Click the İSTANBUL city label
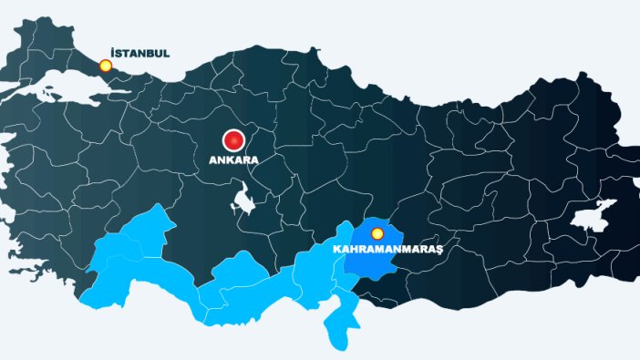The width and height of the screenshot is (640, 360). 139,53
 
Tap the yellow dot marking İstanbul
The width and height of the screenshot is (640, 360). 106,66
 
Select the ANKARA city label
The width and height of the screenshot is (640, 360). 234,159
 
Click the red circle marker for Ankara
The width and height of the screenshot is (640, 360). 235,140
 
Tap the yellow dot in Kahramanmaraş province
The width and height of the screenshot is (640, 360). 377,233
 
